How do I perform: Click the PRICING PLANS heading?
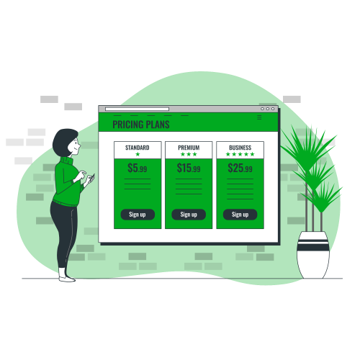[141, 125]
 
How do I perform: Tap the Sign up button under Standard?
[138, 215]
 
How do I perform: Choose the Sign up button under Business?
[240, 215]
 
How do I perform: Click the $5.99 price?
[138, 168]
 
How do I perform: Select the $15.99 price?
[189, 168]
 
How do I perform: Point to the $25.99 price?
[240, 168]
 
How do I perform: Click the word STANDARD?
[138, 148]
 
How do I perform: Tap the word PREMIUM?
[189, 148]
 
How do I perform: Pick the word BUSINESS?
[240, 148]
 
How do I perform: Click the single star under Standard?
[138, 154]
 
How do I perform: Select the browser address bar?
[137, 109]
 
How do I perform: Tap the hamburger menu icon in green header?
[259, 117]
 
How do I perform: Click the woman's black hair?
[63, 142]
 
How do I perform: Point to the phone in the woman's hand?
[91, 178]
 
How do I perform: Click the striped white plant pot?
[313, 255]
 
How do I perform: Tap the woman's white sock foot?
[66, 276]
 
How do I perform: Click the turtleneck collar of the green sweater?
[66, 161]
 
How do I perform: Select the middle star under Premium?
[189, 154]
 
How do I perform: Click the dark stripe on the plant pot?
[313, 246]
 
